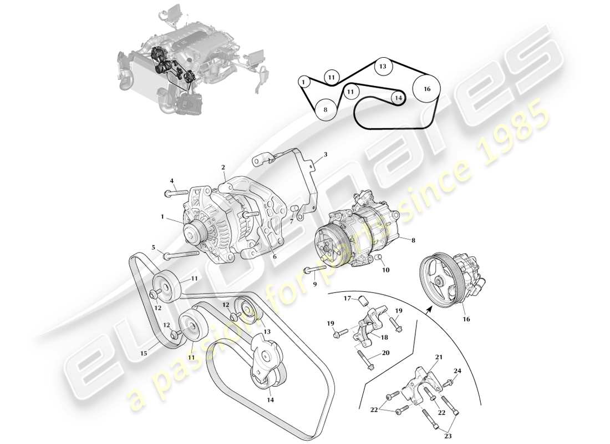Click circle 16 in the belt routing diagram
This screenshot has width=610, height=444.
pyautogui.click(x=426, y=89)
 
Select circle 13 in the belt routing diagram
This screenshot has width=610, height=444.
pyautogui.click(x=382, y=67)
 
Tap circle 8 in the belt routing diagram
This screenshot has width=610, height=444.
pyautogui.click(x=326, y=109)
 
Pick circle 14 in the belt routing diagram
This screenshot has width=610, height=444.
pyautogui.click(x=397, y=98)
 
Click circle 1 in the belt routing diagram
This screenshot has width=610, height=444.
pyautogui.click(x=303, y=82)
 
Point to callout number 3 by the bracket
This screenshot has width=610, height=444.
pyautogui.click(x=326, y=154)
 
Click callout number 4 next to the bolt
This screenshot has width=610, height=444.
pyautogui.click(x=171, y=180)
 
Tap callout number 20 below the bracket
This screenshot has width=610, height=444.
pyautogui.click(x=386, y=353)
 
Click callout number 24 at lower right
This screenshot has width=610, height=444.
pyautogui.click(x=457, y=371)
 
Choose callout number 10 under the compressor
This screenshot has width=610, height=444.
pyautogui.click(x=385, y=270)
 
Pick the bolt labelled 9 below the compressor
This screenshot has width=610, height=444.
pyautogui.click(x=314, y=272)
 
